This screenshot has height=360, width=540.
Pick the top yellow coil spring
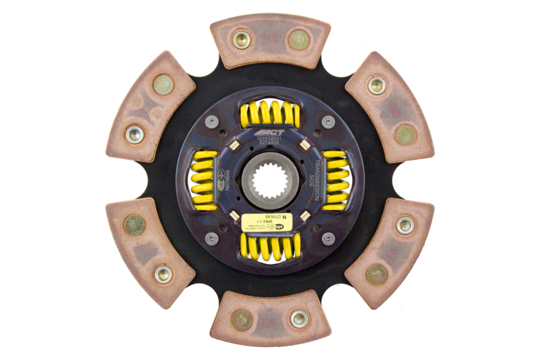tap(270, 114)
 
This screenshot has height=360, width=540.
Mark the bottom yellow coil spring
tap(269, 247)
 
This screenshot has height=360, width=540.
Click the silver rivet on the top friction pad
tap(242, 39)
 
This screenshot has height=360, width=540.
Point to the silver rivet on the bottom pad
tap(298, 319)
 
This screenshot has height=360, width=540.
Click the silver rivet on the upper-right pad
tap(377, 85)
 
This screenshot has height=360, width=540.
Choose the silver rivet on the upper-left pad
tap(135, 134)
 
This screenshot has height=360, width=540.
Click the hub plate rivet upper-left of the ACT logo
tap(212, 122)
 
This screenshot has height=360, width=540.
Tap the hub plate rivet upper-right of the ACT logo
tap(328, 122)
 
